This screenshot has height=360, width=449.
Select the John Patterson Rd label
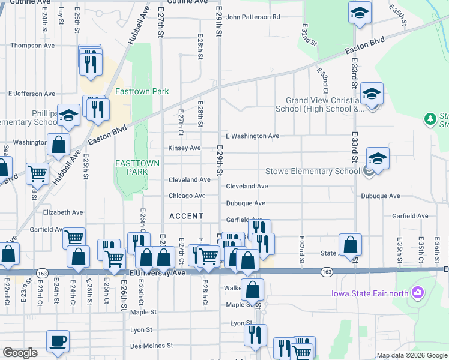click(x=253, y=17)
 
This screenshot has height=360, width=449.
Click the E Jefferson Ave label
click(x=31, y=94)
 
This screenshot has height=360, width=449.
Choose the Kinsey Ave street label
click(x=184, y=148)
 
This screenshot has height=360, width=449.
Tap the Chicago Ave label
click(x=187, y=196)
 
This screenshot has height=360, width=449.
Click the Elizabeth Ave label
click(x=63, y=212)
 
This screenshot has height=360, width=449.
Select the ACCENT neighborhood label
click(x=186, y=215)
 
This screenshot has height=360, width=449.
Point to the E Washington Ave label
click(x=252, y=136)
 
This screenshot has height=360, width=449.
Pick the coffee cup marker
click(x=58, y=341)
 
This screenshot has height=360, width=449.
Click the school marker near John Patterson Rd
click(x=360, y=13)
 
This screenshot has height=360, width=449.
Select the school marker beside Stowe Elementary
click(x=378, y=159)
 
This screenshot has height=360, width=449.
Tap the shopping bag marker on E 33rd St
click(x=350, y=244)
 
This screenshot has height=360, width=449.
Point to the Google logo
click(x=20, y=353)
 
